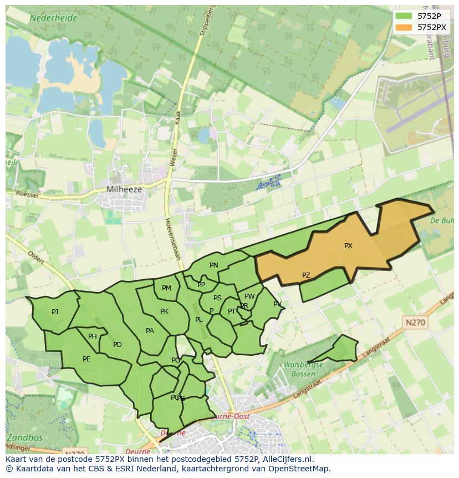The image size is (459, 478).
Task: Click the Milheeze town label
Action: coord(124,189)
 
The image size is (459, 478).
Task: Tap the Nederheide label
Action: coord(54,18)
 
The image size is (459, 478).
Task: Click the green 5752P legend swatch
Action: coord(404,16)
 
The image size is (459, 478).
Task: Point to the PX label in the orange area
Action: coord(348,246)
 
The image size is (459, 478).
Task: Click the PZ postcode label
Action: coord(306,275)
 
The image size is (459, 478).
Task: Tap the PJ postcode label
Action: coord(55,312)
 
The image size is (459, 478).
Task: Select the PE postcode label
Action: coord(86,359)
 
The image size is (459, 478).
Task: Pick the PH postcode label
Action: coord(93,336)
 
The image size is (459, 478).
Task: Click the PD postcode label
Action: coord(118,345)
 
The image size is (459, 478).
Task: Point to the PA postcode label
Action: coord(150,331)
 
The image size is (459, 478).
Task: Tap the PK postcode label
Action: coord(164,311)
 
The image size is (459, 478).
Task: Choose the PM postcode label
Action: coord(166,288)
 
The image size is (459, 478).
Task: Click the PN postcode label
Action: coord(214,265)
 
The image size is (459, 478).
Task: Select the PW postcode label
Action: coord(249,296)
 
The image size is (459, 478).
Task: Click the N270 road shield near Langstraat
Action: coord(416,322)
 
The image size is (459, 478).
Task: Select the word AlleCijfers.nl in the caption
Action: coord(288,459)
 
